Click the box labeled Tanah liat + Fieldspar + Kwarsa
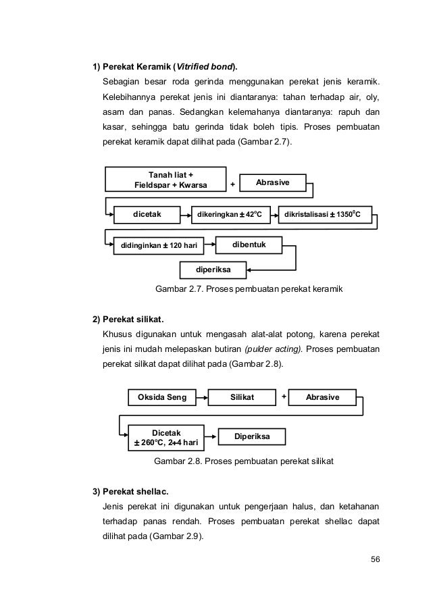click(156, 180)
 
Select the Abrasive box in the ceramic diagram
click(274, 182)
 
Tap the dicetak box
click(147, 215)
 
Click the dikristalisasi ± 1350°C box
click(324, 215)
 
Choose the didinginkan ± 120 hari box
click(159, 245)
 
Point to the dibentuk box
click(249, 242)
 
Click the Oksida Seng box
click(162, 397)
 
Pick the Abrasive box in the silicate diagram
click(322, 397)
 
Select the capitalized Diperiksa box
click(251, 436)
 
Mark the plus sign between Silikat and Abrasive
click(284, 396)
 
